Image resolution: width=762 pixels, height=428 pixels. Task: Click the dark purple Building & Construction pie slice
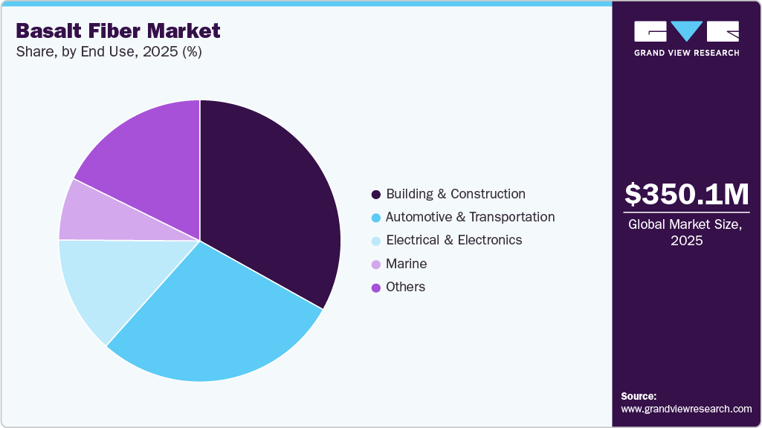pos(268,201)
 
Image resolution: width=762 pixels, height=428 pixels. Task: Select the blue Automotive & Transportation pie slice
pos(216,320)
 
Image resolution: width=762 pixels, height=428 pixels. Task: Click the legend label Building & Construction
pos(455,194)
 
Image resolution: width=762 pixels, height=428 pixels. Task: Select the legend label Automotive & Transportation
pos(470,217)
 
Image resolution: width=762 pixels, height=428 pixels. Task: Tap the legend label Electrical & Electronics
pos(453,240)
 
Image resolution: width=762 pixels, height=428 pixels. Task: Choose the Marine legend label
pos(406,264)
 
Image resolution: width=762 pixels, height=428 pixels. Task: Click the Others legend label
pos(405,287)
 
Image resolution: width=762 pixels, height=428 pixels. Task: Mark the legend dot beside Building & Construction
pos(376,195)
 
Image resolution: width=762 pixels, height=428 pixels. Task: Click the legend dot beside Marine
pos(376,265)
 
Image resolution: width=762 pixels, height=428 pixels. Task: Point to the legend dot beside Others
pos(376,288)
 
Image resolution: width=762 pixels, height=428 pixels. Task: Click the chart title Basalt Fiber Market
pos(118,30)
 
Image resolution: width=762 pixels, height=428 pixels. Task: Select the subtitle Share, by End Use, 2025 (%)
pos(109,52)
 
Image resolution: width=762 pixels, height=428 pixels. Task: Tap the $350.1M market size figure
pos(686,195)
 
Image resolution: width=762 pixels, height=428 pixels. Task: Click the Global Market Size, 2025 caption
pos(686,233)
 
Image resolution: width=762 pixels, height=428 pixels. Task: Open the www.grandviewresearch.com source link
pos(686,409)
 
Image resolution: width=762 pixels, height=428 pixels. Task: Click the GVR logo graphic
pos(686,31)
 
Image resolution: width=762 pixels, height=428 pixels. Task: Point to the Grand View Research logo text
pos(686,53)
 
